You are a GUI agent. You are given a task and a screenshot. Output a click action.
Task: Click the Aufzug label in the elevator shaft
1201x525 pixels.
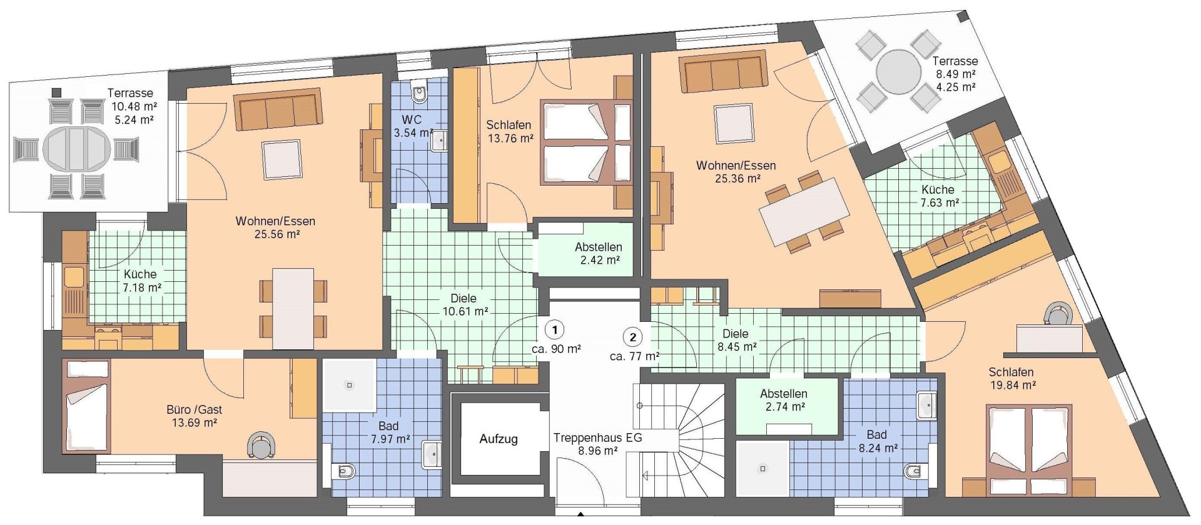(499, 439)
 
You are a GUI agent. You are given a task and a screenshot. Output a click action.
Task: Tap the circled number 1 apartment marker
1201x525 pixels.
(554, 329)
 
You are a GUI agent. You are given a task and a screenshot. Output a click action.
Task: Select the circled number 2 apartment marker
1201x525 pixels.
(633, 337)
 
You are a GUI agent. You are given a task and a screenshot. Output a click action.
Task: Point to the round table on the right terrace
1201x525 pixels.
(899, 72)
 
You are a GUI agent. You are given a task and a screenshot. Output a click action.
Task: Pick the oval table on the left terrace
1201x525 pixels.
(77, 149)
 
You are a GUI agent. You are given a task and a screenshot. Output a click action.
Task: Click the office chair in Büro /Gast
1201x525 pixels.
(261, 445)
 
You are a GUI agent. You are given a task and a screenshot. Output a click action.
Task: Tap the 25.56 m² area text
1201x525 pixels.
(276, 234)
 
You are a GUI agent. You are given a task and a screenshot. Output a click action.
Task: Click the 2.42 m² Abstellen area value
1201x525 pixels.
(600, 260)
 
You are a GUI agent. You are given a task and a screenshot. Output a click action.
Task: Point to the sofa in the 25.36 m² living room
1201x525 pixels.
(724, 72)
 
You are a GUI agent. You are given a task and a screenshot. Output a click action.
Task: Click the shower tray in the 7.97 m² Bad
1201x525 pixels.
(349, 385)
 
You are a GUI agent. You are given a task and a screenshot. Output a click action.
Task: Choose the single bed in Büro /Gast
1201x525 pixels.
(86, 406)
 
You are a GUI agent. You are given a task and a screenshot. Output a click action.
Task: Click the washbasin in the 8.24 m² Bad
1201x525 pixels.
(926, 406)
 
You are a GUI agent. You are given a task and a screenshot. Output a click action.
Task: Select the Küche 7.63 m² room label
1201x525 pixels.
(939, 196)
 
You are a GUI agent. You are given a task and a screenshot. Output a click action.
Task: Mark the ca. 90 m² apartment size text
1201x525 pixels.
(556, 349)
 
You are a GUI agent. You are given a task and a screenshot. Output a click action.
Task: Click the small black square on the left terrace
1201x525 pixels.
(56, 92)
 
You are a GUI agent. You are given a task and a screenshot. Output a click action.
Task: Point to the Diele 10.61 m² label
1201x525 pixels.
(465, 305)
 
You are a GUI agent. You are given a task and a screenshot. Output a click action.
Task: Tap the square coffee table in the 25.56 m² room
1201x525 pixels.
(281, 160)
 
